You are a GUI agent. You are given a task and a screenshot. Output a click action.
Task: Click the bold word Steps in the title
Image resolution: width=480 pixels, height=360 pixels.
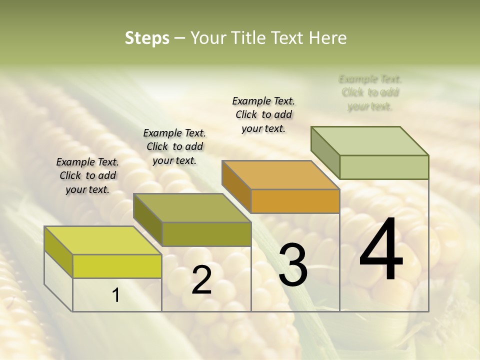[147, 38]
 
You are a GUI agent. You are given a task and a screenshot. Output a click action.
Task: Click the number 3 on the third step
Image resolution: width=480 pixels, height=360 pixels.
[293, 265]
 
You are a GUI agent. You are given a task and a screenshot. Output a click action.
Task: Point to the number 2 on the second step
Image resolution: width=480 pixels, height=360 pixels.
[201, 280]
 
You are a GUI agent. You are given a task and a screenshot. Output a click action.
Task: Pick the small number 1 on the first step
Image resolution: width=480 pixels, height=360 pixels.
[115, 295]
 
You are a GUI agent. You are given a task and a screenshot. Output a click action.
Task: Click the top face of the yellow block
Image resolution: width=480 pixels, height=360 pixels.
[102, 240]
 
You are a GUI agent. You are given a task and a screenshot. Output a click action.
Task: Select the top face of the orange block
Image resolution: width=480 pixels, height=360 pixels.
[280, 175]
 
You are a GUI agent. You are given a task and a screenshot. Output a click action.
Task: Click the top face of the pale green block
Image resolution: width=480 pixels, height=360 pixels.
[369, 141]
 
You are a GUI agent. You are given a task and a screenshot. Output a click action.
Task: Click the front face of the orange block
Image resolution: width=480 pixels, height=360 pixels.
[295, 201]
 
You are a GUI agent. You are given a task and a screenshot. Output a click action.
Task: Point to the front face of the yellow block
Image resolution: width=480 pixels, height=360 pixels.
[117, 266]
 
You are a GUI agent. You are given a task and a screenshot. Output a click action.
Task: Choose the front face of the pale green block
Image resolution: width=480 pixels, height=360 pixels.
[384, 167]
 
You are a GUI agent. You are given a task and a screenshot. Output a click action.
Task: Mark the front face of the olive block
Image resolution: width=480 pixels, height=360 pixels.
[206, 234]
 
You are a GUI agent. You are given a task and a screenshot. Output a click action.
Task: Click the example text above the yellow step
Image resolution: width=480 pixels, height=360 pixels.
[87, 175]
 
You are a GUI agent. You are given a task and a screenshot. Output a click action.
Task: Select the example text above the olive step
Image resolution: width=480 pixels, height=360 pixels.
[174, 146]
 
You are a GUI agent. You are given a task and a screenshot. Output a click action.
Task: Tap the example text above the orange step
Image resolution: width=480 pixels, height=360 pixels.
[263, 114]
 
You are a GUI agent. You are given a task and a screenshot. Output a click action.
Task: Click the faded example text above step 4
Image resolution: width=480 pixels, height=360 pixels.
[370, 92]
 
